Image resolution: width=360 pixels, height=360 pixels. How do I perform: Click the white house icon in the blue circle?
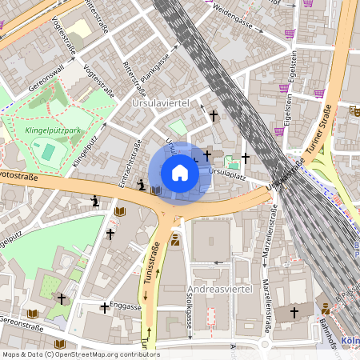(x=180, y=173)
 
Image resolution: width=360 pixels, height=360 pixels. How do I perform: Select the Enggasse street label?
(x=126, y=306)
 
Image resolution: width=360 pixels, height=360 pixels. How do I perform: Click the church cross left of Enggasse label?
(x=104, y=307)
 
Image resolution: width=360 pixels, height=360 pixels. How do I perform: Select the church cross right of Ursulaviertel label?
(x=213, y=116)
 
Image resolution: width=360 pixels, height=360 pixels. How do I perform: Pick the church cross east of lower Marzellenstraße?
(x=294, y=312)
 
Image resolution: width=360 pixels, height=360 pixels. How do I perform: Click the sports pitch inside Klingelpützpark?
(x=49, y=150)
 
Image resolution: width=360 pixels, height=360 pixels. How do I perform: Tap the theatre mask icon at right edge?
(x=326, y=307)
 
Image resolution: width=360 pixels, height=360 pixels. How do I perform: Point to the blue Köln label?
(x=350, y=340)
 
